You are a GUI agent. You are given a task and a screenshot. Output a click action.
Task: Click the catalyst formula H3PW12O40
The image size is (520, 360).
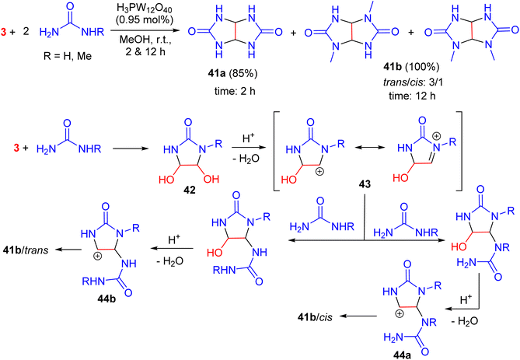(145, 8)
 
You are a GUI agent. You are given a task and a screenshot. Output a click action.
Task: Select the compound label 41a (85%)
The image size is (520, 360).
(233, 73)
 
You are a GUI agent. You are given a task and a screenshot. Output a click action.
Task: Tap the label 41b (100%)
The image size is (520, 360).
(411, 67)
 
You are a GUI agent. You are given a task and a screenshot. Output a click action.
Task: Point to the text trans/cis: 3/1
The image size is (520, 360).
(413, 82)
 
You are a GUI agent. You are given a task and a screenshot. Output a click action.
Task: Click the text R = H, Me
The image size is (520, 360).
(68, 56)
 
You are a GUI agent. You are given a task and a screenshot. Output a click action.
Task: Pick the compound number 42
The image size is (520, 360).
(190, 190)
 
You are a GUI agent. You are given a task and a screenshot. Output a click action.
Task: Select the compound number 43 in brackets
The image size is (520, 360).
(365, 184)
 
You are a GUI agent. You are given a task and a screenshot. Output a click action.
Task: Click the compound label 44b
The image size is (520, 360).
(106, 299)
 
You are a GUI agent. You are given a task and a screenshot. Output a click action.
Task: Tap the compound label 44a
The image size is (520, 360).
(402, 355)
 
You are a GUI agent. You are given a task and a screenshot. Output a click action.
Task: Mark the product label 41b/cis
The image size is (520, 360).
(315, 317)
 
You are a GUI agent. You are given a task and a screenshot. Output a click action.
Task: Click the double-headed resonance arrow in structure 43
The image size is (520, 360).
(370, 147)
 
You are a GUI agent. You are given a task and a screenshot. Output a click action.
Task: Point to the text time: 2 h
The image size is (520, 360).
(235, 91)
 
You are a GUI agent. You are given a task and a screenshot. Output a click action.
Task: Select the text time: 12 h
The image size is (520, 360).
(412, 96)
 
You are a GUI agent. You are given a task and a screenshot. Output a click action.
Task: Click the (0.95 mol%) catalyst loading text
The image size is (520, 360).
(145, 19)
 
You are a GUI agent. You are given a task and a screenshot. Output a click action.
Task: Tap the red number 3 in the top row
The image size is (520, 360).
(4, 32)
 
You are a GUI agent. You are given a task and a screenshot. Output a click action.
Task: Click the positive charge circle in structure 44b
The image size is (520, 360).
(97, 256)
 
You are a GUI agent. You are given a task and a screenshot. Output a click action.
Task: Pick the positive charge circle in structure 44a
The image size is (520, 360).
(400, 313)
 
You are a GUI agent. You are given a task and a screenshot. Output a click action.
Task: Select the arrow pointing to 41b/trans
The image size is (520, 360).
(68, 249)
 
